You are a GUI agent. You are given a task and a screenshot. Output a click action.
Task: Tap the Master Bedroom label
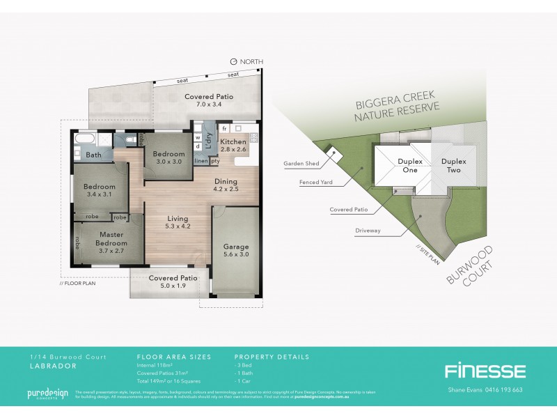111,239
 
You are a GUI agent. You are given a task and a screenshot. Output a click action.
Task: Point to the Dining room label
225,183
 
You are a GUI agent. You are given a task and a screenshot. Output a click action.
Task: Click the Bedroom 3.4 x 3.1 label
99,189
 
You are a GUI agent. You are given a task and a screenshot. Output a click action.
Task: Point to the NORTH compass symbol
233,62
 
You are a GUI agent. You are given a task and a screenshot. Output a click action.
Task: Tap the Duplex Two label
453,165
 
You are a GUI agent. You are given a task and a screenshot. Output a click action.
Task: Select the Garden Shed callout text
301,164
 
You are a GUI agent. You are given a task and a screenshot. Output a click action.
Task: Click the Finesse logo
485,371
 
